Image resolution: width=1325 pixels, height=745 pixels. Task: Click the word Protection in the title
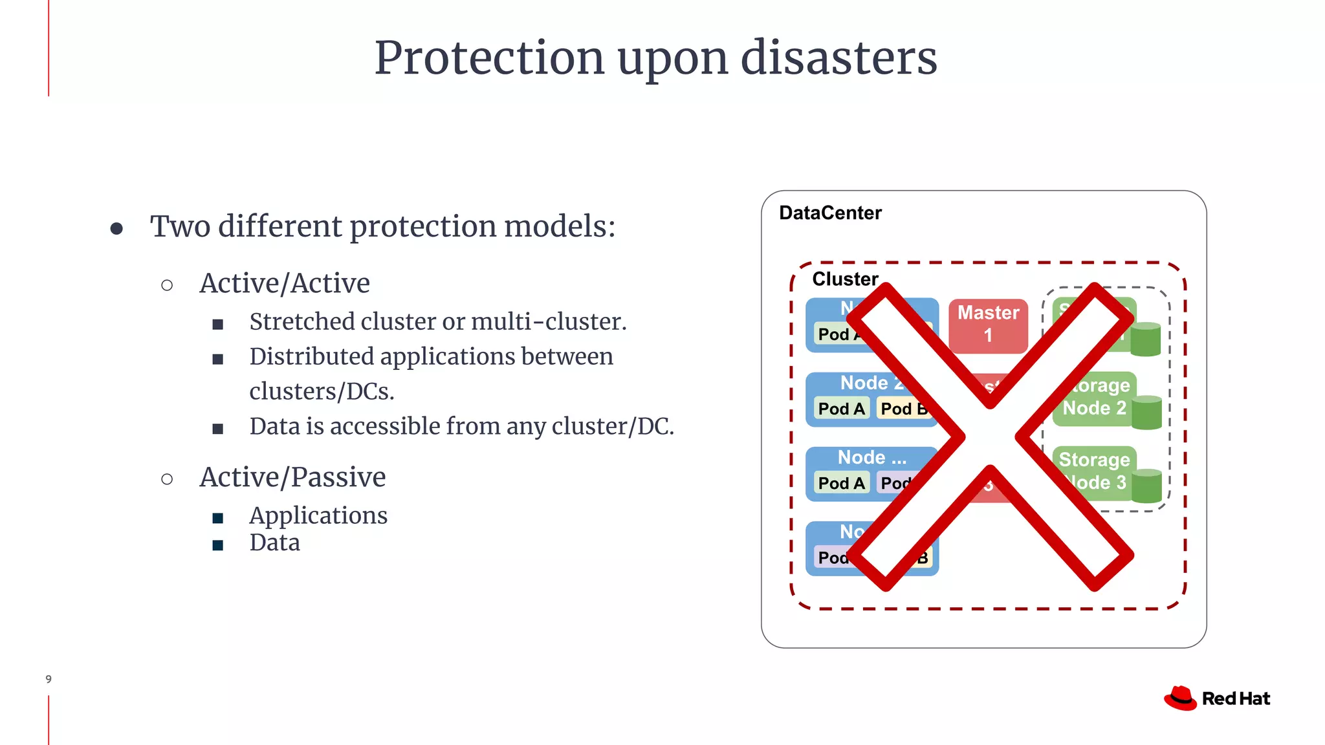(488, 58)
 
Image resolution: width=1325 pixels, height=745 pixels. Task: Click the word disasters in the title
(838, 58)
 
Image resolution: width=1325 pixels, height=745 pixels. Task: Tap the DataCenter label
(830, 213)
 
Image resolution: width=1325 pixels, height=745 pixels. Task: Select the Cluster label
(845, 279)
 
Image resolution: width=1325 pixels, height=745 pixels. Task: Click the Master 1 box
(988, 324)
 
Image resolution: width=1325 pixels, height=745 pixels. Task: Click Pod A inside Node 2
(841, 409)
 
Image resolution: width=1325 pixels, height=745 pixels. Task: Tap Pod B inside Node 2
(903, 409)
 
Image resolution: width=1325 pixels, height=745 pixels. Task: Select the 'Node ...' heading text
(871, 457)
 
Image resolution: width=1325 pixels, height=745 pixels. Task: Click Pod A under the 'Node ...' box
(841, 483)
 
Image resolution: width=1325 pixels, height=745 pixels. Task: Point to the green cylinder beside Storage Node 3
(1147, 486)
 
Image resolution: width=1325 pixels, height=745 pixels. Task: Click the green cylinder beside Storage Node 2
(1147, 413)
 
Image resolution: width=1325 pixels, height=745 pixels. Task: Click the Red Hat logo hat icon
(1181, 698)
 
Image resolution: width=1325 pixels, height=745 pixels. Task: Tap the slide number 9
(49, 679)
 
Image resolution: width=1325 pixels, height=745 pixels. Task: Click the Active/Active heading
(285, 283)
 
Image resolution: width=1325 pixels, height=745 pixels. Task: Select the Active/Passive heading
(292, 477)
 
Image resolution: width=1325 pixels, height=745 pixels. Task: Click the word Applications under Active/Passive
(318, 515)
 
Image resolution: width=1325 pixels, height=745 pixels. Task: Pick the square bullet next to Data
(218, 545)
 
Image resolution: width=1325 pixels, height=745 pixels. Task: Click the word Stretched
(301, 321)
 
